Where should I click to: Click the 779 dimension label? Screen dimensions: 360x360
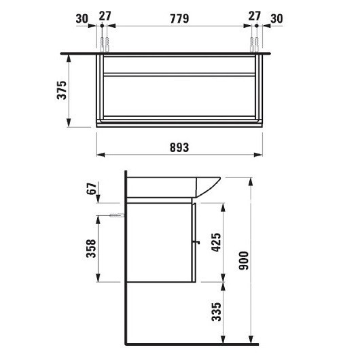tap(179, 18)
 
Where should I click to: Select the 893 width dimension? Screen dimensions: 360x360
tap(179, 147)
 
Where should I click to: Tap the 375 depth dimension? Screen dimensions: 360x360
tap(62, 90)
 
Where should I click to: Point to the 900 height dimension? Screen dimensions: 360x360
tap(244, 261)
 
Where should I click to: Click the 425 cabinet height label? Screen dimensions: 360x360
tap(216, 242)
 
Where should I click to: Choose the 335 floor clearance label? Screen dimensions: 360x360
tap(216, 312)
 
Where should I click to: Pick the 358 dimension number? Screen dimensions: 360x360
tap(91, 249)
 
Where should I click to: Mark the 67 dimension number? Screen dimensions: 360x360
tap(92, 189)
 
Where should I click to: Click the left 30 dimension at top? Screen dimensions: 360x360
tap(82, 19)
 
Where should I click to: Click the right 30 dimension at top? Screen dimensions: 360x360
tap(276, 19)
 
